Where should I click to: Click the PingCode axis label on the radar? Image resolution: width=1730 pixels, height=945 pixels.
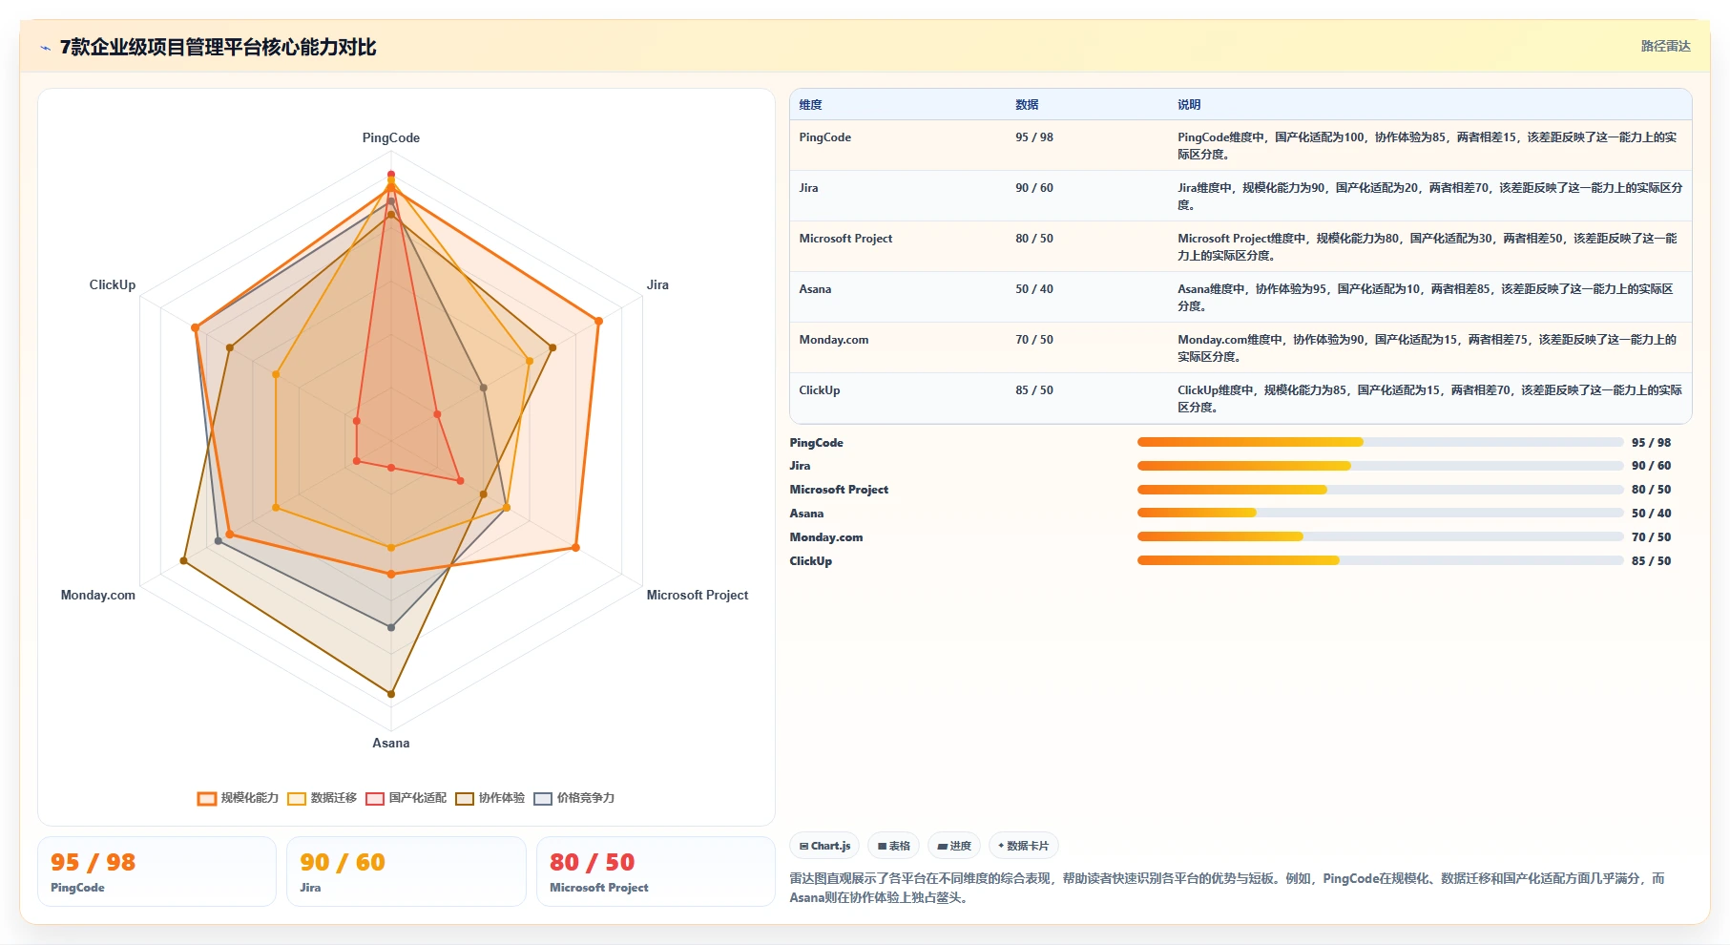pyautogui.click(x=390, y=137)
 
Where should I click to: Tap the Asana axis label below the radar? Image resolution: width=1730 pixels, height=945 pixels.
pyautogui.click(x=390, y=743)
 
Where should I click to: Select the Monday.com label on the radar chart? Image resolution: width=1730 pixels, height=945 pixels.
pyautogui.click(x=98, y=595)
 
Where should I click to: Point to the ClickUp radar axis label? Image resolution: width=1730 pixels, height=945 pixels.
pyautogui.click(x=113, y=284)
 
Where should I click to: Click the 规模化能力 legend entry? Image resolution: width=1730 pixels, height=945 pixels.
pyautogui.click(x=238, y=798)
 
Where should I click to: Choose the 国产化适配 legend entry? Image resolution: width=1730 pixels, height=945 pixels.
pyautogui.click(x=406, y=798)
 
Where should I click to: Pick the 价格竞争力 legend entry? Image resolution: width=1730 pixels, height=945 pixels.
pyautogui.click(x=573, y=798)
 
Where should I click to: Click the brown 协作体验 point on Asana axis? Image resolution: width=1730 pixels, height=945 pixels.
pyautogui.click(x=391, y=694)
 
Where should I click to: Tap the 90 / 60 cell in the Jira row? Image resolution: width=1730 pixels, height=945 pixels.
pyautogui.click(x=1034, y=188)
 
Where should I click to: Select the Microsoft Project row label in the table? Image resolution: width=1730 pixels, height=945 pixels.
pyautogui.click(x=845, y=239)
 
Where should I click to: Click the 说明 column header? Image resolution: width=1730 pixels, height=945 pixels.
pyautogui.click(x=1189, y=105)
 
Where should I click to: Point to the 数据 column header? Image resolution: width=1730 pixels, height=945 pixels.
pyautogui.click(x=1027, y=105)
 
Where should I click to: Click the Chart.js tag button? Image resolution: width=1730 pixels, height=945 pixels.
pyautogui.click(x=824, y=846)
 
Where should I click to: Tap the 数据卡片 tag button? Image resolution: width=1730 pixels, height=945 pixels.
pyautogui.click(x=1023, y=846)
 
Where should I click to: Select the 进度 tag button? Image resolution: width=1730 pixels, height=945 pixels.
pyautogui.click(x=953, y=846)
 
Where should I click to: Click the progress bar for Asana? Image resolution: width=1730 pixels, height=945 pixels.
pyautogui.click(x=1380, y=513)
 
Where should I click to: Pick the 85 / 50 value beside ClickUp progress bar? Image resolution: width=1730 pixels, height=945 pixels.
pyautogui.click(x=1651, y=561)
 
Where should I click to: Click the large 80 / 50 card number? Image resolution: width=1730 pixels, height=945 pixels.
pyautogui.click(x=592, y=862)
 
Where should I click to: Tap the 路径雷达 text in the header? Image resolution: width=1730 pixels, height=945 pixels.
pyautogui.click(x=1665, y=46)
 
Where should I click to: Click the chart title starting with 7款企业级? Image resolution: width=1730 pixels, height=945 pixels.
pyautogui.click(x=219, y=47)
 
